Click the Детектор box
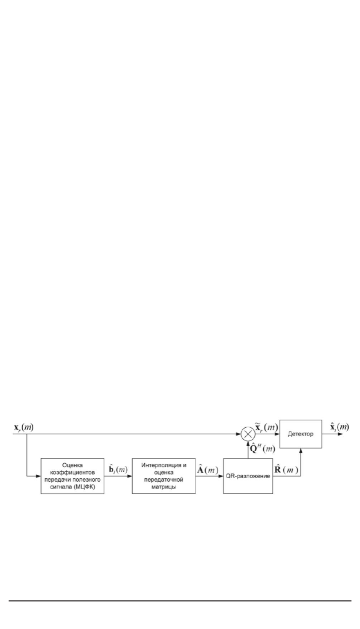(x=300, y=434)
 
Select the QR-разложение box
(x=248, y=475)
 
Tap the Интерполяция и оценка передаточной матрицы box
(x=164, y=475)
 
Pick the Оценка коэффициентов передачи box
(x=73, y=475)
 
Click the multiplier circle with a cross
(x=248, y=434)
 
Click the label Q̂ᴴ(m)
(x=263, y=448)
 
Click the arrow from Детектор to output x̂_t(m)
(x=332, y=434)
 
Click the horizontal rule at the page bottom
(x=180, y=600)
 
